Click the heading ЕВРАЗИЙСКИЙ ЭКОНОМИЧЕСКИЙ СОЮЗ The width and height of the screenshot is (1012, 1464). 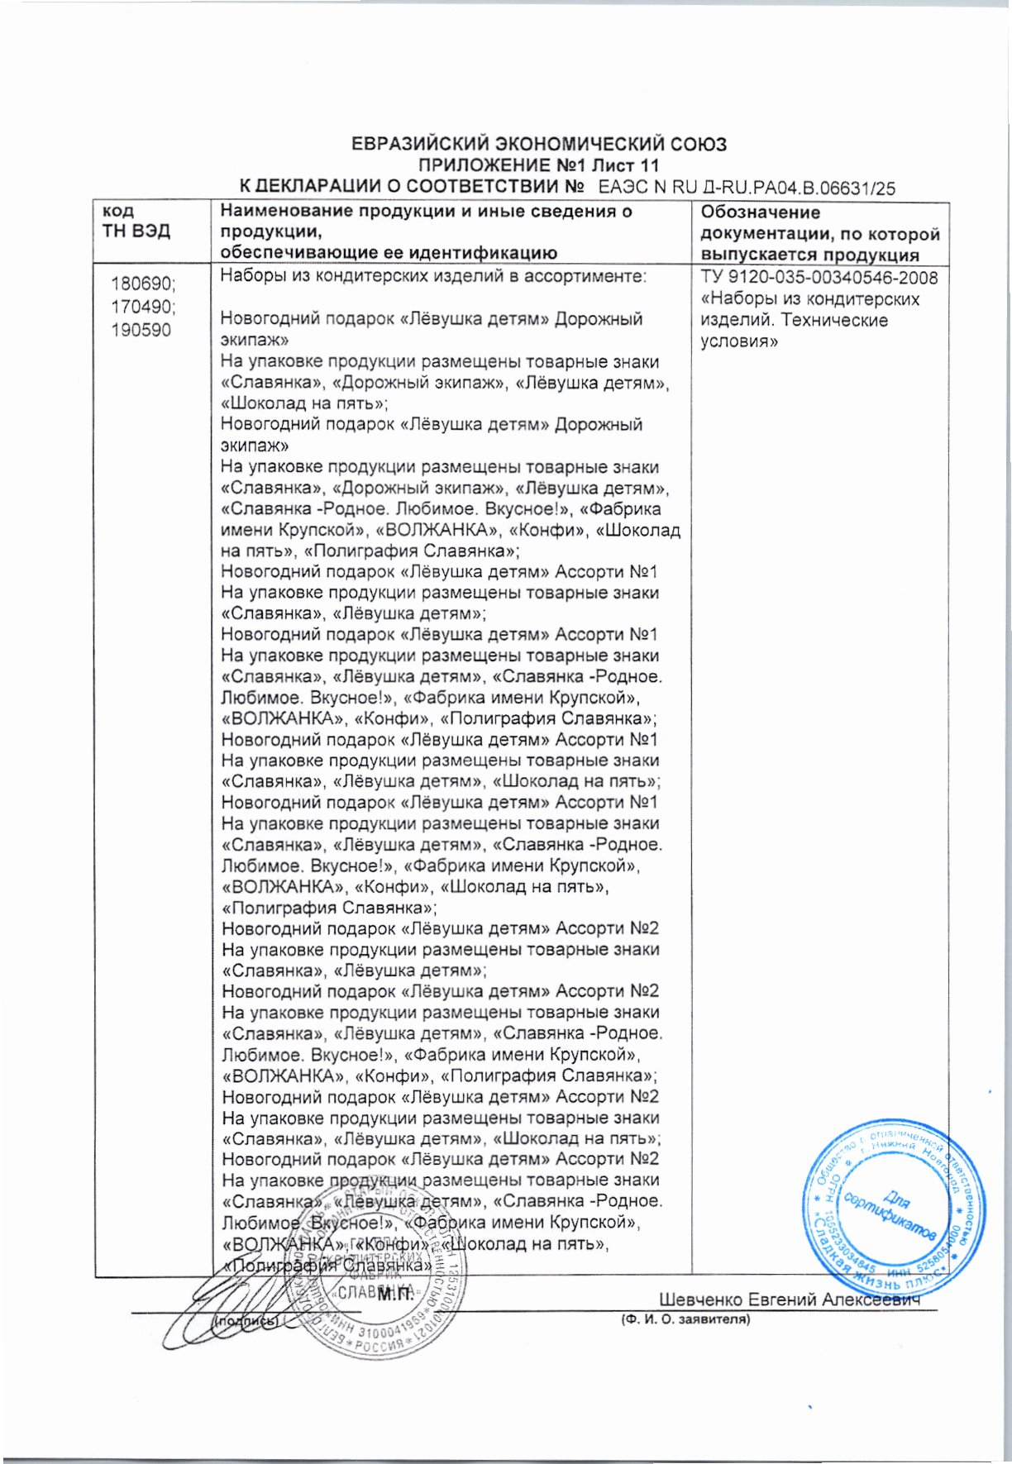[539, 145]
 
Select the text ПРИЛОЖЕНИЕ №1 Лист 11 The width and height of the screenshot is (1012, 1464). [539, 165]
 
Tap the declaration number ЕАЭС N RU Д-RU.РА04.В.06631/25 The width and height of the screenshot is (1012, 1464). [747, 188]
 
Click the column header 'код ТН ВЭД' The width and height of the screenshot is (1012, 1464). [136, 222]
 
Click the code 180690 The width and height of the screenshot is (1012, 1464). [142, 284]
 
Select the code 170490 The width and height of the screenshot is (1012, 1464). [142, 308]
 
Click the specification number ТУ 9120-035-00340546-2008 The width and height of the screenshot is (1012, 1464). [819, 278]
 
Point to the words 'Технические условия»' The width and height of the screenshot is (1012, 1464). [794, 331]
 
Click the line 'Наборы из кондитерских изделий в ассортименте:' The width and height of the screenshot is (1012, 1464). [432, 277]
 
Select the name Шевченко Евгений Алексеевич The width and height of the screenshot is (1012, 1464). [790, 1300]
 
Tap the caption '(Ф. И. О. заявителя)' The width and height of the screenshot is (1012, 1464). [685, 1320]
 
